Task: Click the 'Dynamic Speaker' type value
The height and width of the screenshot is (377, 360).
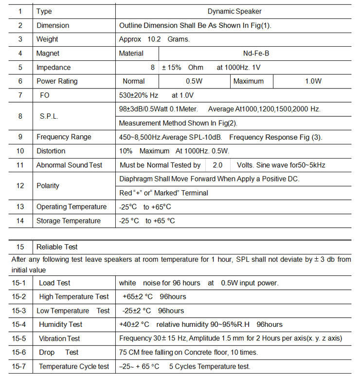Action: click(x=234, y=11)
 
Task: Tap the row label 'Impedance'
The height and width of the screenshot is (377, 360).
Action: click(x=54, y=67)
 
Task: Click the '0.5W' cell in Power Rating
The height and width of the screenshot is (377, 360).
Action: click(x=195, y=81)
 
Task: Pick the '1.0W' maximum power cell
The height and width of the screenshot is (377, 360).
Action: click(x=313, y=81)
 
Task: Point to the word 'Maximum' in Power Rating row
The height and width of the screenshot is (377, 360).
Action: click(x=249, y=81)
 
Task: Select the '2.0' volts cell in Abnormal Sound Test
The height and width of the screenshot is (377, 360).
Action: click(x=217, y=165)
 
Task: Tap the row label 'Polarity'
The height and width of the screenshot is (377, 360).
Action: click(x=48, y=186)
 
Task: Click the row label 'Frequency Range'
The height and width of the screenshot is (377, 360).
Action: click(x=64, y=137)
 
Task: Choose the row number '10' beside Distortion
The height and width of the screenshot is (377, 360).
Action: click(x=20, y=151)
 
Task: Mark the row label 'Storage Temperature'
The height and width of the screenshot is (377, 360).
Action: click(x=69, y=221)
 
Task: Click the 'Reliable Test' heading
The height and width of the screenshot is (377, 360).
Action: click(x=57, y=247)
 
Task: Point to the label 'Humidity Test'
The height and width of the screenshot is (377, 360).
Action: click(x=61, y=324)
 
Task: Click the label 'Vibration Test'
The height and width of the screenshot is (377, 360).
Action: click(x=59, y=338)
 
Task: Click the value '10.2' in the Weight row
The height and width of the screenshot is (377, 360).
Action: click(x=154, y=39)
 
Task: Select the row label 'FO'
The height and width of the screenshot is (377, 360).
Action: click(x=44, y=95)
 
